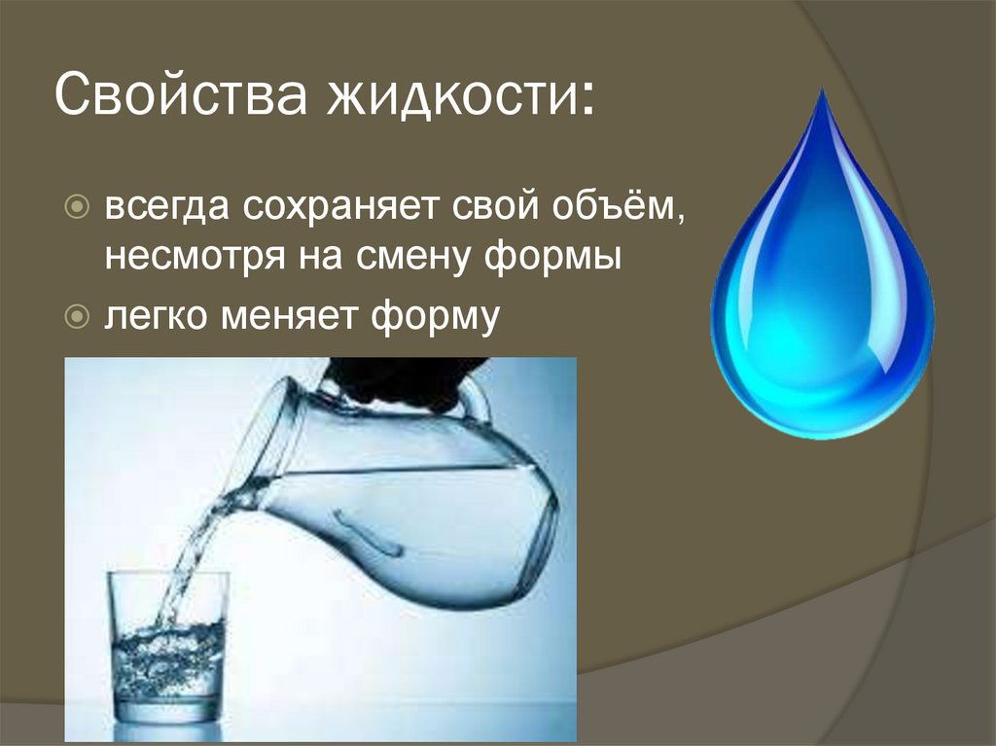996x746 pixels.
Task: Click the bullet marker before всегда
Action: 78,208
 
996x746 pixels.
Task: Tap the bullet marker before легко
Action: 78,316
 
